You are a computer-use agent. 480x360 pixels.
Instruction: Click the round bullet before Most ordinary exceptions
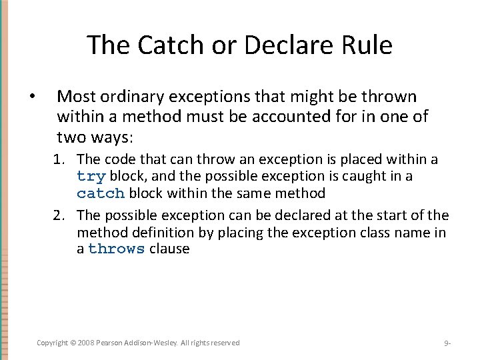(33, 97)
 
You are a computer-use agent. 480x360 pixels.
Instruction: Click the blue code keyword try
(91, 177)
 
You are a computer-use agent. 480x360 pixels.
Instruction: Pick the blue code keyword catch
(101, 194)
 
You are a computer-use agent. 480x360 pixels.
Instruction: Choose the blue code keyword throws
(116, 249)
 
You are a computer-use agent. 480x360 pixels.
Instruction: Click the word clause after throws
(169, 249)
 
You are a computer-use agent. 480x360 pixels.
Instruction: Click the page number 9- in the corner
(448, 343)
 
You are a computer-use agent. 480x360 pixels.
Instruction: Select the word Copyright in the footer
(52, 343)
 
